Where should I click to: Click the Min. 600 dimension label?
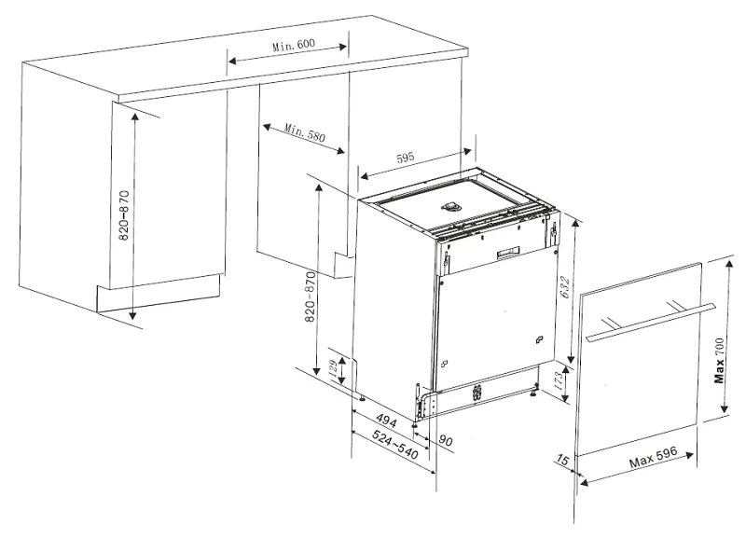(x=294, y=45)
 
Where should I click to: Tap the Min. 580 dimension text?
(x=305, y=133)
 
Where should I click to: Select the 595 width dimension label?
(x=406, y=157)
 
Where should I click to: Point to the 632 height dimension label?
(x=565, y=287)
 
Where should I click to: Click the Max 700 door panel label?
(x=719, y=360)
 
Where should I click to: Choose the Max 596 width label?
(x=653, y=457)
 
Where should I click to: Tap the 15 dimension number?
(x=562, y=460)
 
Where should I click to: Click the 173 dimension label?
(x=559, y=380)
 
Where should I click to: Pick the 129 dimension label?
(x=333, y=366)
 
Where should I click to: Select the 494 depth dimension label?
(x=386, y=420)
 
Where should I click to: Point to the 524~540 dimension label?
(x=395, y=445)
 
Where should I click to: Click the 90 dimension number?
(x=446, y=440)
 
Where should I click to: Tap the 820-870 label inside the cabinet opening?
(x=124, y=215)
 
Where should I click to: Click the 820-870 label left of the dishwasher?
(x=311, y=297)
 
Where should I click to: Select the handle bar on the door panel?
(x=651, y=322)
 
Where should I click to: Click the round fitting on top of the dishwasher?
(x=450, y=206)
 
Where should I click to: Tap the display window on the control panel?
(x=508, y=253)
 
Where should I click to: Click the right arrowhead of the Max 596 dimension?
(x=688, y=455)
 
